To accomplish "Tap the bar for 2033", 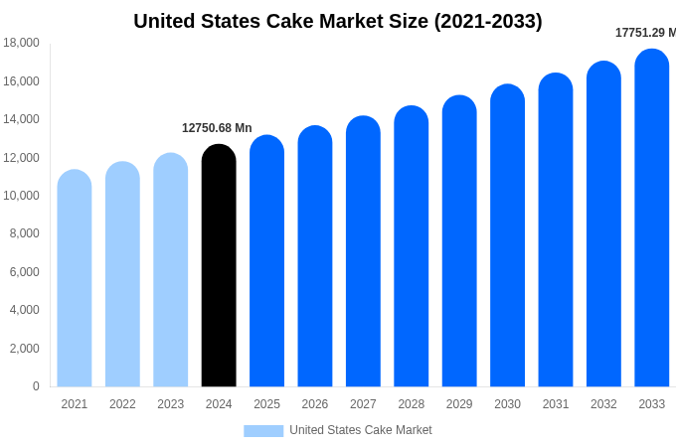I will [x=651, y=219].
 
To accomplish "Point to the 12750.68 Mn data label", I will [x=217, y=128].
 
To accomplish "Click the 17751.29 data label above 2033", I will [x=644, y=33].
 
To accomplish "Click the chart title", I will [x=338, y=21].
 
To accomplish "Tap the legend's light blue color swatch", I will [x=263, y=430].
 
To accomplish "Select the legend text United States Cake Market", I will [x=360, y=430].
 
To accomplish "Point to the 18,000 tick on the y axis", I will [x=22, y=43].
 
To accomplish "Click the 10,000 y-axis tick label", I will [x=22, y=196].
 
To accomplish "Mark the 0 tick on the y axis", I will [x=36, y=386].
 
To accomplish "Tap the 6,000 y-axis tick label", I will [x=25, y=272].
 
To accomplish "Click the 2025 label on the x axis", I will [x=266, y=404].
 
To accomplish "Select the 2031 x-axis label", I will [x=556, y=404].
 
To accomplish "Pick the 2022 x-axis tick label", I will [x=122, y=404].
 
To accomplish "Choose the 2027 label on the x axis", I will [x=363, y=404].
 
